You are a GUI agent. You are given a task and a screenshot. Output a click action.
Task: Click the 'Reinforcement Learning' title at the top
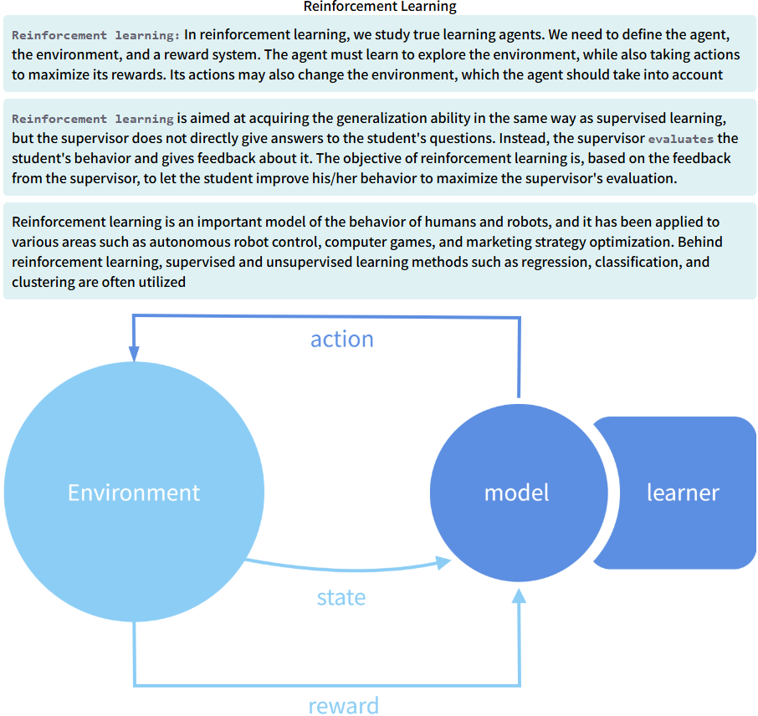click(379, 7)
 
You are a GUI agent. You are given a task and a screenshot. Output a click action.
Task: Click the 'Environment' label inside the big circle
click(134, 493)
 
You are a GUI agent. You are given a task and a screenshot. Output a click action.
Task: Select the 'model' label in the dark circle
click(517, 493)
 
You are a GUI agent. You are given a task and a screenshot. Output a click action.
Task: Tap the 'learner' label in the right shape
click(683, 493)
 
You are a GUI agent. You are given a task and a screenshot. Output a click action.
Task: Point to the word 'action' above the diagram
click(341, 339)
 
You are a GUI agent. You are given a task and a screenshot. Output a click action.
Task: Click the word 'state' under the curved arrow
click(341, 597)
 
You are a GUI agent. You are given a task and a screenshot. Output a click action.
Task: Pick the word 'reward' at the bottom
click(343, 705)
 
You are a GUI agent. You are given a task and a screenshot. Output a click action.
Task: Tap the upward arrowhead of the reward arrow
click(520, 596)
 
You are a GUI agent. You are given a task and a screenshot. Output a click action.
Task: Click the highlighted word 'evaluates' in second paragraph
click(681, 139)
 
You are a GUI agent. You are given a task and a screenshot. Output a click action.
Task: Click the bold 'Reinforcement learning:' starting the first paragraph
click(96, 35)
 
